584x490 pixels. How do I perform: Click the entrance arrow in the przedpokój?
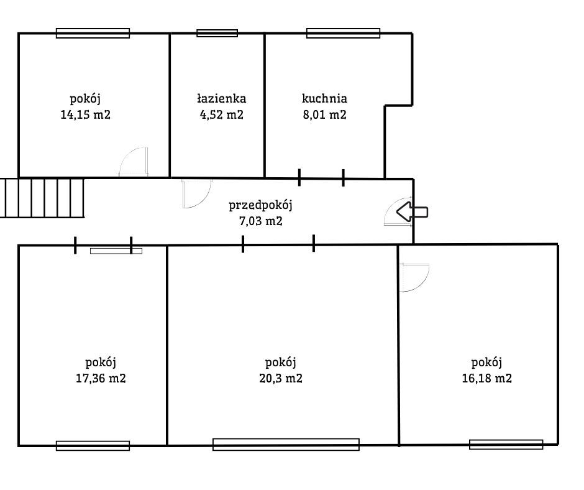coord(412,212)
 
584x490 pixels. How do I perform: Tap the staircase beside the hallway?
coord(42,198)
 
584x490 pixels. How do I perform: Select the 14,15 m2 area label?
coord(85,114)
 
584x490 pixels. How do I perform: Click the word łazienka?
coord(222,98)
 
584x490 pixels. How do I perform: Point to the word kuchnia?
coord(324,98)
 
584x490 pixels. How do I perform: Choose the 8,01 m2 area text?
coord(324,114)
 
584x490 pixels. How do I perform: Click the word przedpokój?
coord(260,205)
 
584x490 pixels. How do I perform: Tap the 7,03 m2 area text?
coord(260,221)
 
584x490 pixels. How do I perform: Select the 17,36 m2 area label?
coord(101,379)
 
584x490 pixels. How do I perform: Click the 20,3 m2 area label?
coord(280,379)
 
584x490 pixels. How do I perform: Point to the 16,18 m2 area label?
coord(487,379)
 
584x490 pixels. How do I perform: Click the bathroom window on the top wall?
coord(217,33)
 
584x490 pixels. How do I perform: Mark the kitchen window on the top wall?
coord(343,33)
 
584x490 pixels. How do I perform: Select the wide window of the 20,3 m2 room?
coord(286,445)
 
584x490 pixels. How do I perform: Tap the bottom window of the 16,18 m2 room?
coord(506,445)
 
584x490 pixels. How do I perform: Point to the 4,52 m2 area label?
coord(222,114)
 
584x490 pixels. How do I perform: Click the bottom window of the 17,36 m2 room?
coord(93,446)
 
